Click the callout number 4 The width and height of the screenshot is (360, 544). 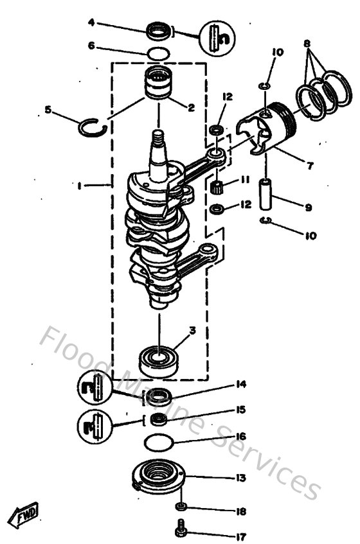91,22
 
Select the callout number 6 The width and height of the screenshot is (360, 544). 91,46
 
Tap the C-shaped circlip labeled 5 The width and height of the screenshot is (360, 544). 91,128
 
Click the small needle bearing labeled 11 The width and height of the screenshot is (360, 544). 217,188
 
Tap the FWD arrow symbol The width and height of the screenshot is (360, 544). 24,514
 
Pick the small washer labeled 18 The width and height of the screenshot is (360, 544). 182,507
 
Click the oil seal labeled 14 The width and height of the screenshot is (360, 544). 157,396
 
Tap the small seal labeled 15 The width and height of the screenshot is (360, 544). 158,419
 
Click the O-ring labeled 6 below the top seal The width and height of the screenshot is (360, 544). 158,53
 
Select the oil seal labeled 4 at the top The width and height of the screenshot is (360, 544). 158,30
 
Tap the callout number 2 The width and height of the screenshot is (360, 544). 190,107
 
